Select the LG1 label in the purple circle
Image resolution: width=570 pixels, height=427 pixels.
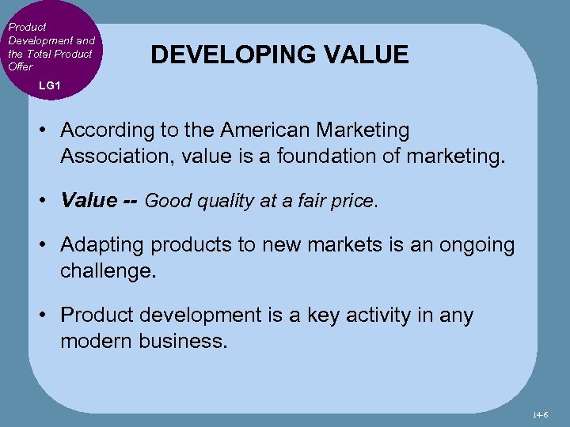pos(48,85)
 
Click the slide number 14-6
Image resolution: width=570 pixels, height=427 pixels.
pos(541,414)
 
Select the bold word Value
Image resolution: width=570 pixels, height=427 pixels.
pos(89,200)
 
